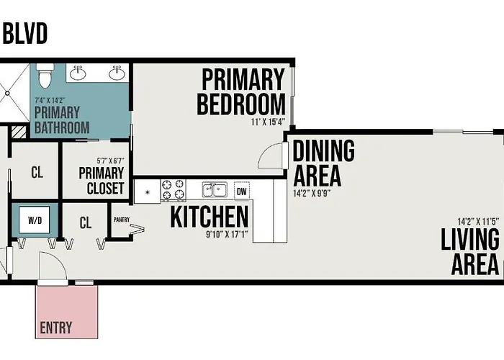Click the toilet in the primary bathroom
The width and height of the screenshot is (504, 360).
(45, 76)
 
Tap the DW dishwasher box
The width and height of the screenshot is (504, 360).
(242, 192)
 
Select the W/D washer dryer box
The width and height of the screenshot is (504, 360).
(35, 220)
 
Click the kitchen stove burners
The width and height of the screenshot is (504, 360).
(174, 189)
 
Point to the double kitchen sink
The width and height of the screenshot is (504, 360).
(215, 189)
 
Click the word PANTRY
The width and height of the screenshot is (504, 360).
(122, 220)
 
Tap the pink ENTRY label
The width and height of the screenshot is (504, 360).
(56, 328)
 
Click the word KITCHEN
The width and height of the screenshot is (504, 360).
(210, 217)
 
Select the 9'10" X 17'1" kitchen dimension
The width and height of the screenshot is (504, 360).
(227, 234)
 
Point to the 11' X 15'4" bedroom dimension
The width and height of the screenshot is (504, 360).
(268, 122)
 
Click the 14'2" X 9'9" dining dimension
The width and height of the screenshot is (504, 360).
(312, 194)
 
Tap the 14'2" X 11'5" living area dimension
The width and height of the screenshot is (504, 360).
(478, 222)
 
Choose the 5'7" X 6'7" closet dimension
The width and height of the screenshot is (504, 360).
(110, 161)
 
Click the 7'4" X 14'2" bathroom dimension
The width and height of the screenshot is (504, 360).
(50, 100)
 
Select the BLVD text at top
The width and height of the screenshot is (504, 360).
(25, 33)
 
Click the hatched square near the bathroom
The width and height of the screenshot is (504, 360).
(19, 132)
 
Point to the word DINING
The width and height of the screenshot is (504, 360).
(324, 150)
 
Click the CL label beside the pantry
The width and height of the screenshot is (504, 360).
(86, 222)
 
